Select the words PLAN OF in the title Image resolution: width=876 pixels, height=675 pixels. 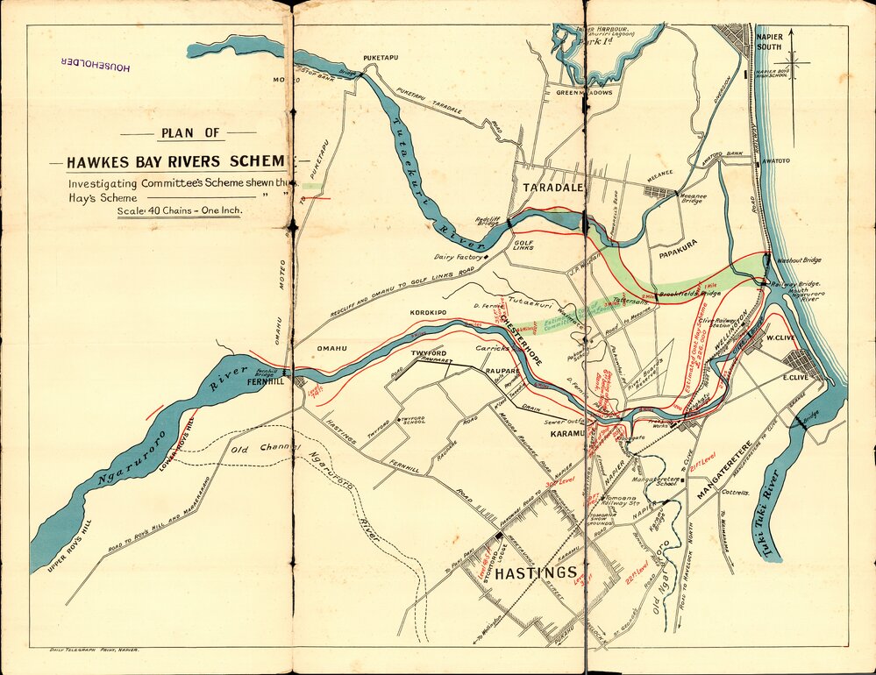click(189, 134)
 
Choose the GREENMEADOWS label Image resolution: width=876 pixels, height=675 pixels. click(584, 92)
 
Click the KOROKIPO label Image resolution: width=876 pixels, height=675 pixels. click(428, 313)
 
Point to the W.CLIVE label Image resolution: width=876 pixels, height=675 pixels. click(780, 337)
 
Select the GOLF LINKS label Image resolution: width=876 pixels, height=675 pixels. click(523, 245)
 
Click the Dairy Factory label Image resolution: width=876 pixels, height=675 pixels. click(459, 257)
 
